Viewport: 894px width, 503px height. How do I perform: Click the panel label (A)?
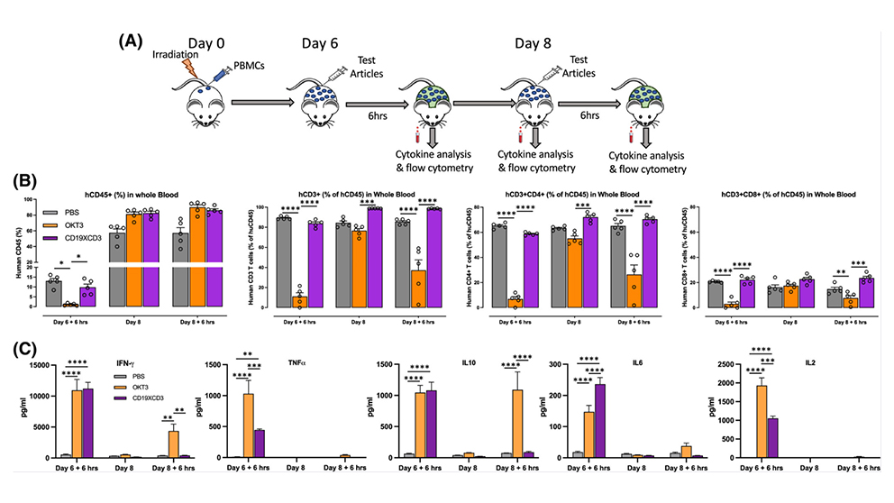click(131, 41)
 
